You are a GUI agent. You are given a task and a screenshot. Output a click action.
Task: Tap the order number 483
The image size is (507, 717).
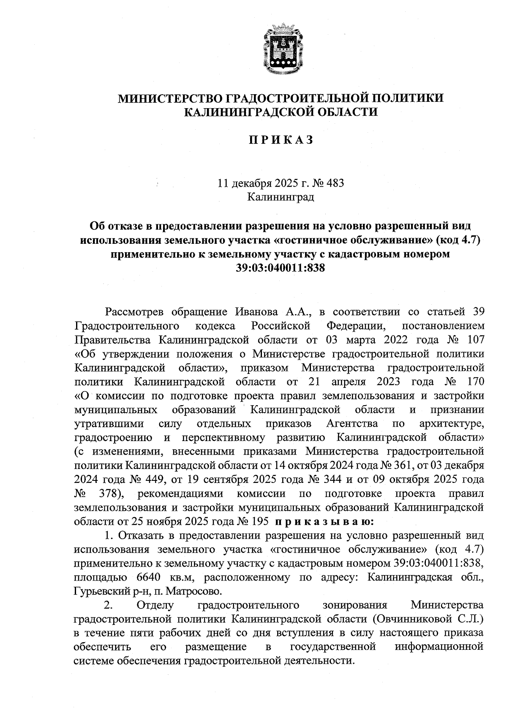click(335, 183)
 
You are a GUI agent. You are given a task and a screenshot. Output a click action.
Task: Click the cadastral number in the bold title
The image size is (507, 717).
click(281, 268)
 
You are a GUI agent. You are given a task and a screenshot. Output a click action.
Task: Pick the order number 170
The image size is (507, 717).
click(473, 382)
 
